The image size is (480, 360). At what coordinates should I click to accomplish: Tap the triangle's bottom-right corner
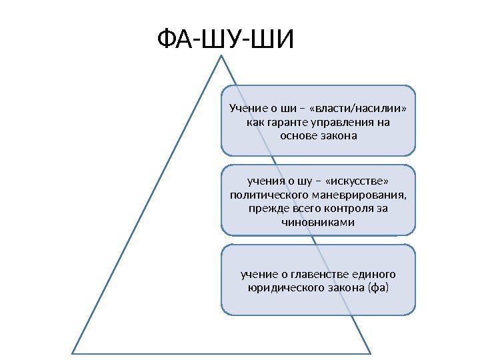(370, 352)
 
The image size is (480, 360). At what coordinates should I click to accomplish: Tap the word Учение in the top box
(247, 109)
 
